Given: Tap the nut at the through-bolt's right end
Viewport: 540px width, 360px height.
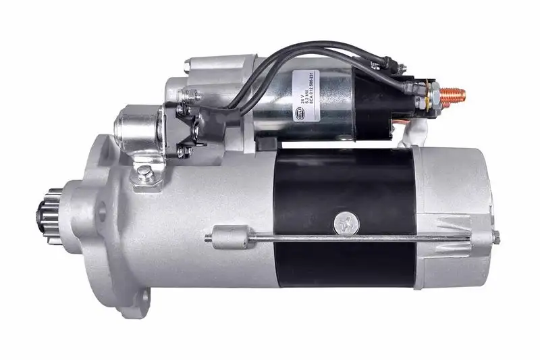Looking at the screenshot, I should click(496, 237).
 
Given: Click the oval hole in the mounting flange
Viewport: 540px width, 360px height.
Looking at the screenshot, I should click(102, 213).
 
